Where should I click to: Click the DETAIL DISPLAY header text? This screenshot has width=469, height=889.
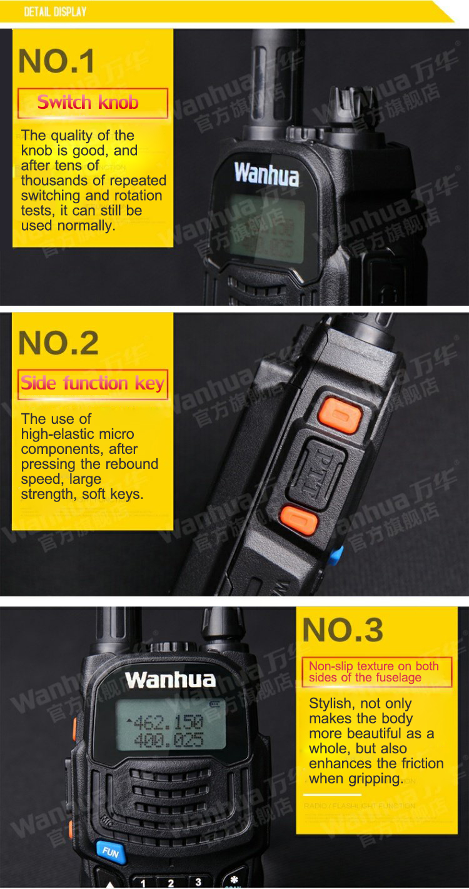point(55,12)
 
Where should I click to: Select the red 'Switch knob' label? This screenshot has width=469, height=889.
point(92,103)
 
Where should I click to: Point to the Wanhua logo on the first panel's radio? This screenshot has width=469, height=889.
point(266,174)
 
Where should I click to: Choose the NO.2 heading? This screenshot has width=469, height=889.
point(59,343)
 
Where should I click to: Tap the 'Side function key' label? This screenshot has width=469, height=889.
point(92,383)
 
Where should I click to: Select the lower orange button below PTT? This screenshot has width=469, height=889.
point(299,520)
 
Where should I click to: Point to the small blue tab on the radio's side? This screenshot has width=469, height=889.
point(336,555)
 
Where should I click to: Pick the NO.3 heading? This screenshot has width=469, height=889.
point(343,630)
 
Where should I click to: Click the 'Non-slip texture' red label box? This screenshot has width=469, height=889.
point(376,672)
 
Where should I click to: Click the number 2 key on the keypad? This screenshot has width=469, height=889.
point(170,882)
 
